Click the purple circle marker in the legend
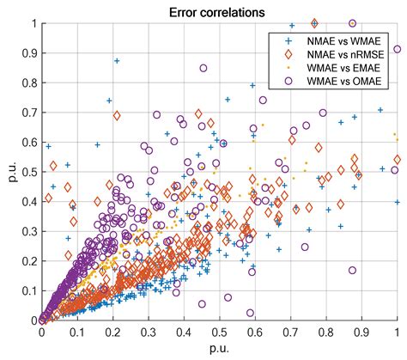point(288,82)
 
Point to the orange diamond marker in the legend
point(288,54)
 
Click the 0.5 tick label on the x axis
point(219,332)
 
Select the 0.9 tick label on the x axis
point(361,332)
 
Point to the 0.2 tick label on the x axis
point(112,332)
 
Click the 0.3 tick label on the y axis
point(29,231)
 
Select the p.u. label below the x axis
point(218,347)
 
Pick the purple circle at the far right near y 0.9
point(397,49)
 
